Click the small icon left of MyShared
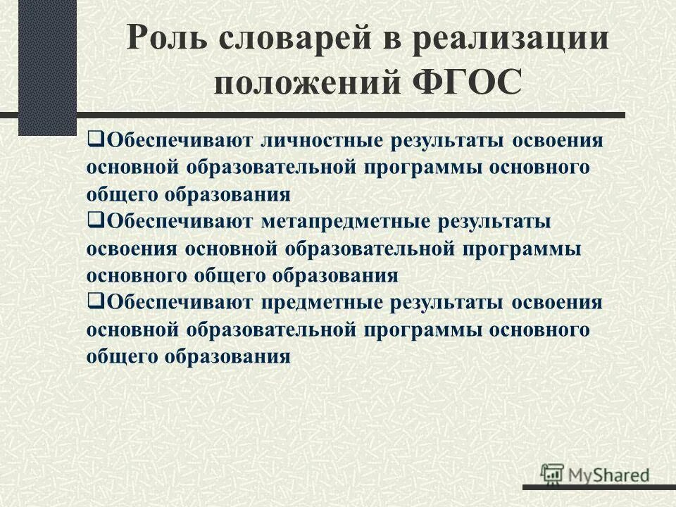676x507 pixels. point(552,472)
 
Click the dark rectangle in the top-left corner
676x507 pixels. point(47,67)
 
